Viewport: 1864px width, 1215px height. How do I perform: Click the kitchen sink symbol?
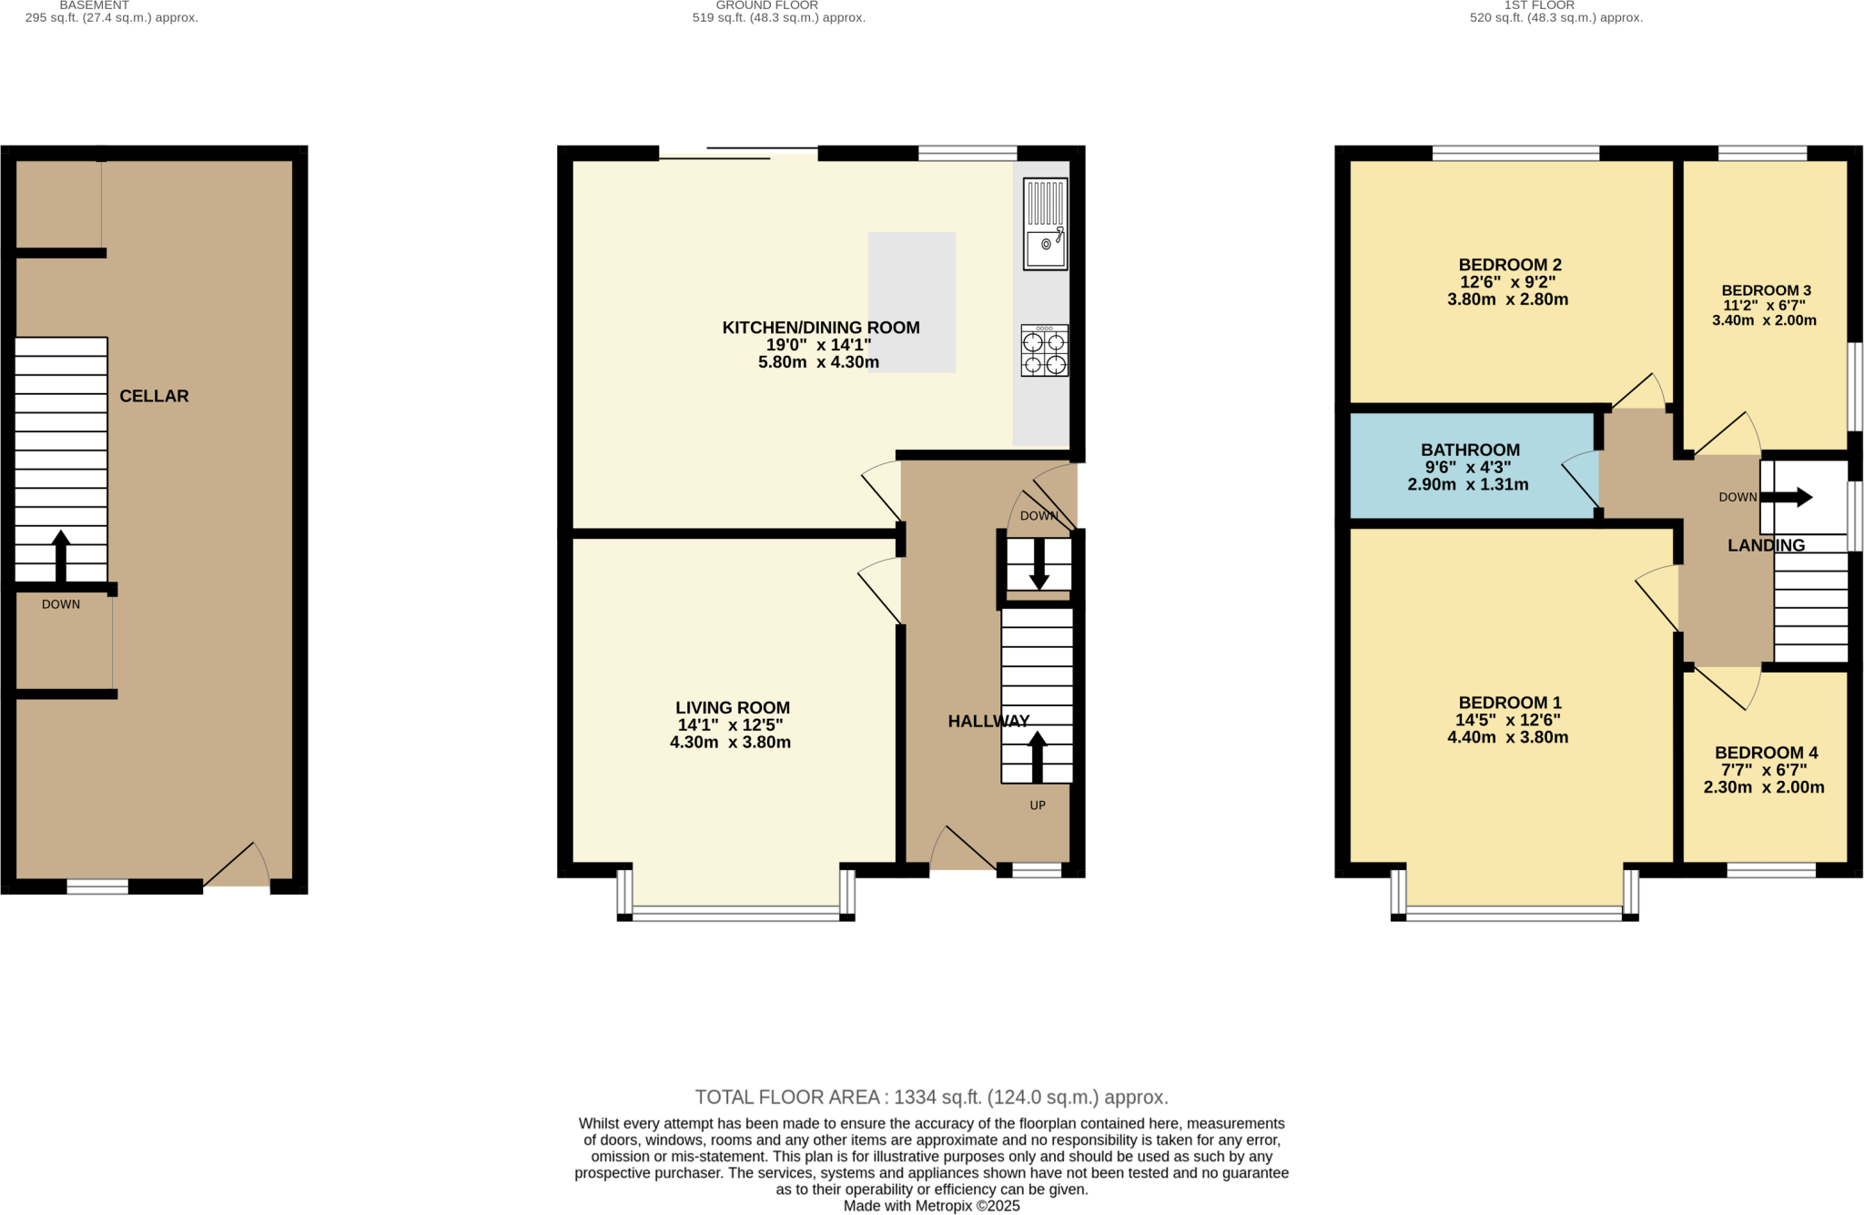tap(1044, 224)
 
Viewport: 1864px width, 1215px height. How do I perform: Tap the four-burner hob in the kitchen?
tap(1044, 351)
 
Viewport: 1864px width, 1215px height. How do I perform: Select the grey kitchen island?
tap(911, 302)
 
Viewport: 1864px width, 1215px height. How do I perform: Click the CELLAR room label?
tap(154, 396)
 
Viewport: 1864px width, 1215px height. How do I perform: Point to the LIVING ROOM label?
tap(732, 707)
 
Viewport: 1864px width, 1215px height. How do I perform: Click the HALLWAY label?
tap(988, 721)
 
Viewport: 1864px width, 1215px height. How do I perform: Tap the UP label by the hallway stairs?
tap(1037, 805)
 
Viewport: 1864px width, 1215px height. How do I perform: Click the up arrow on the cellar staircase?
tap(61, 555)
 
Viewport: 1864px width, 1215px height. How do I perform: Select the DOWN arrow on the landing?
tap(1786, 498)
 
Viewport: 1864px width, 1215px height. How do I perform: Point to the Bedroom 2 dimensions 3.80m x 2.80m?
tap(1507, 299)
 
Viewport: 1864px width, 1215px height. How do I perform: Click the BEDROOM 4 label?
tap(1766, 753)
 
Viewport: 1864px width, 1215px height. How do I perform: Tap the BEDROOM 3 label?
tap(1766, 290)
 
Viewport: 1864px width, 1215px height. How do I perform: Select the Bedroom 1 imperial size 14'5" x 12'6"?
tap(1507, 720)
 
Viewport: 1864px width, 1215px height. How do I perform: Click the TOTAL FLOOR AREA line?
tap(931, 1097)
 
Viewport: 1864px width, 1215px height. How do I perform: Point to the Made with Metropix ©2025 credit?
tap(931, 1206)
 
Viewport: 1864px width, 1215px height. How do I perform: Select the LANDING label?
tap(1766, 545)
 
